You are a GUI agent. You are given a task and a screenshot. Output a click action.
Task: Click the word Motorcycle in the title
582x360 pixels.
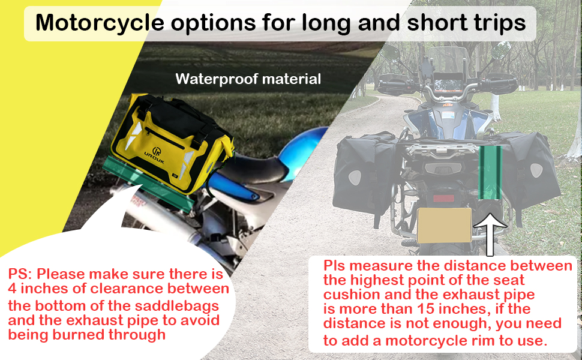point(100,23)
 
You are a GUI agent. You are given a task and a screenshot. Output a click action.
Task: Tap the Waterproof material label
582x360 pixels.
point(248,79)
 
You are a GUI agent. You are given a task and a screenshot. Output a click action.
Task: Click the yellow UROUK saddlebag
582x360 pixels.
point(172,143)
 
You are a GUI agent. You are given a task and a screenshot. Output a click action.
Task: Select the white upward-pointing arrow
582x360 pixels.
point(490,235)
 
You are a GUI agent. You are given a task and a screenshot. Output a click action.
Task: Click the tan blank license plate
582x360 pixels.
point(444,225)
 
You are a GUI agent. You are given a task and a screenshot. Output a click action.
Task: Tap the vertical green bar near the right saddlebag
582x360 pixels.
point(490,173)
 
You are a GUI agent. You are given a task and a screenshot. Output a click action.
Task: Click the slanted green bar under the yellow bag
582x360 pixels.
point(148,184)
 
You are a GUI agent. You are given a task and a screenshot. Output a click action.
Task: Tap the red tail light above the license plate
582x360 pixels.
point(443,198)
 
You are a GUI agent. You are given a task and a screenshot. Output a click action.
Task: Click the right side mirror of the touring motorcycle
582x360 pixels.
point(501,50)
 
